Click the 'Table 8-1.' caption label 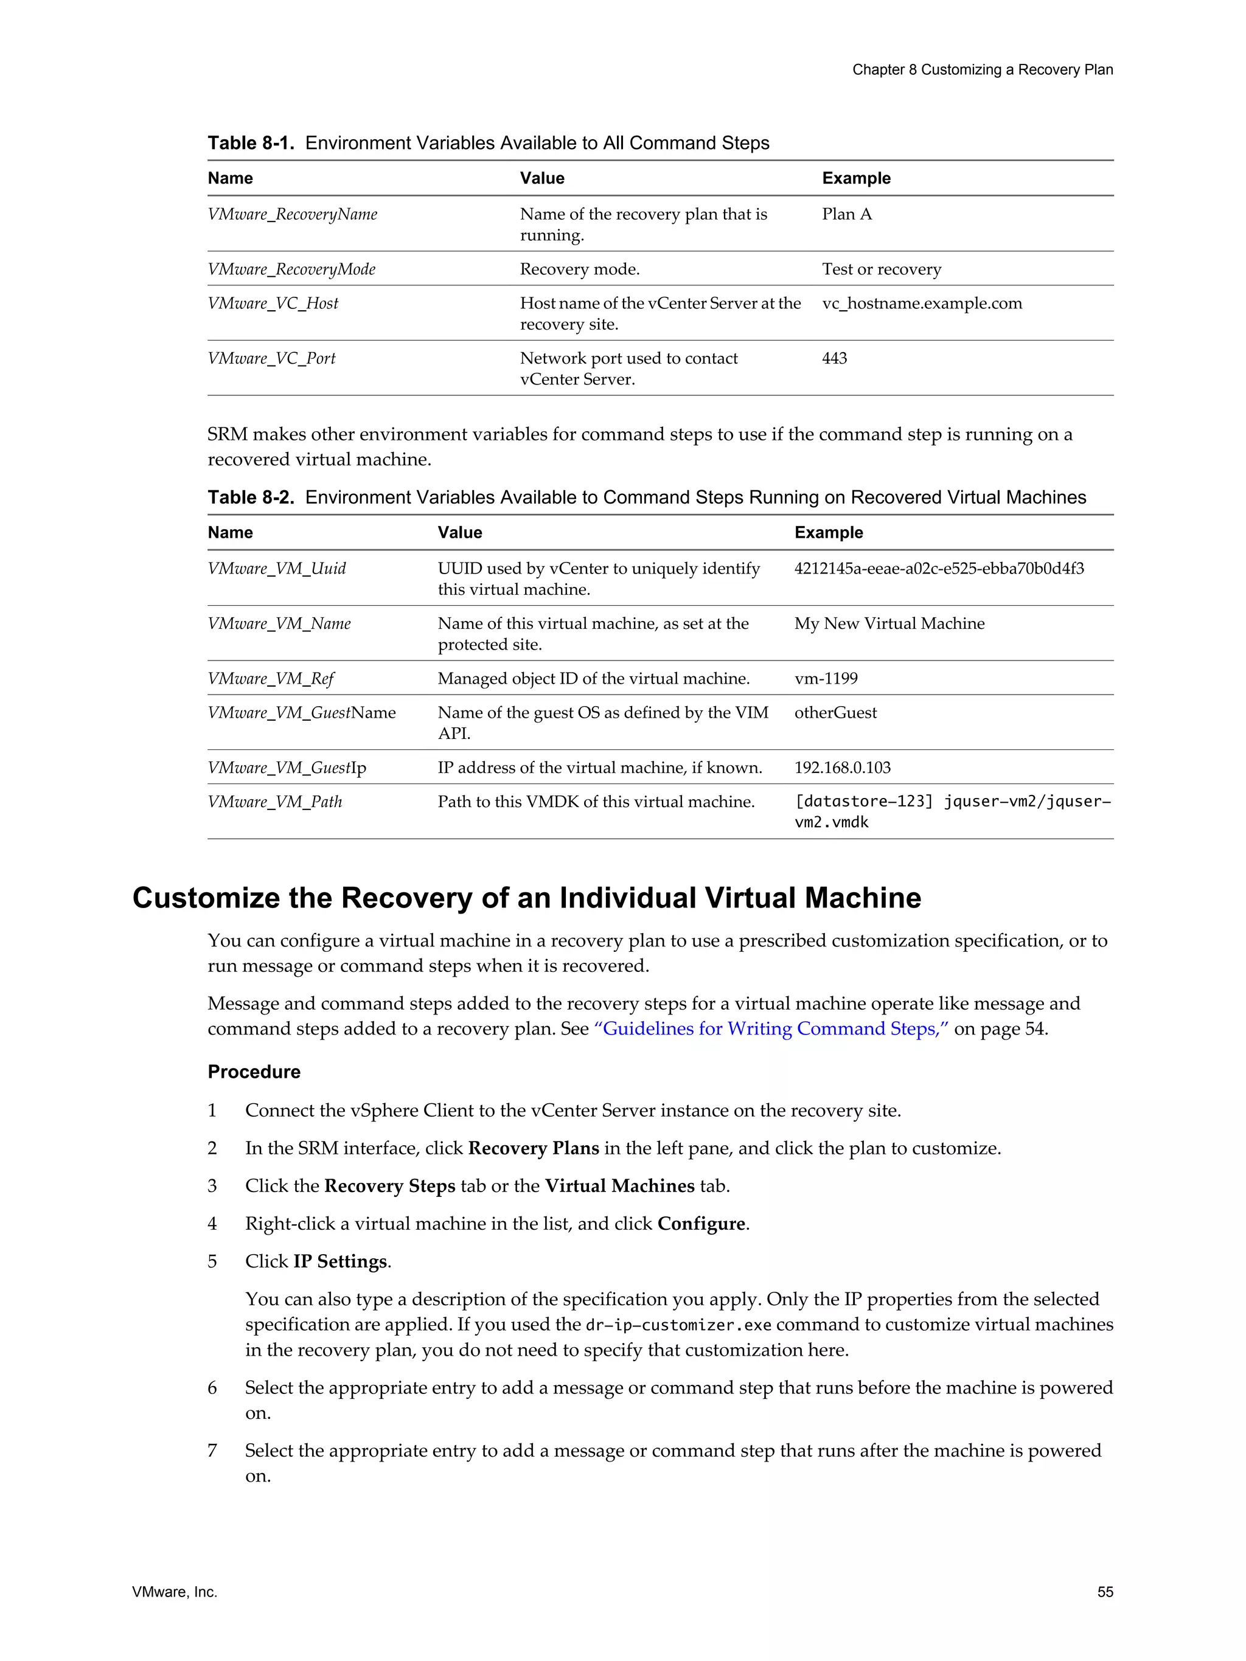[x=251, y=143]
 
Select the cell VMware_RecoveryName [x=292, y=214]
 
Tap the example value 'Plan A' [x=846, y=214]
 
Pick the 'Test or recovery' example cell [x=881, y=269]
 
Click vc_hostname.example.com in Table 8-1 [x=922, y=303]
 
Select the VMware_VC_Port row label [x=271, y=358]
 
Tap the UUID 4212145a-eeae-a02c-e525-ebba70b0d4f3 [x=939, y=569]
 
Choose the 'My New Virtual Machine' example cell [x=889, y=623]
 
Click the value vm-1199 [x=826, y=678]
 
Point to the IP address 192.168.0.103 [x=842, y=768]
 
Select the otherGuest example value [x=835, y=713]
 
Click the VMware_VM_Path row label [x=274, y=802]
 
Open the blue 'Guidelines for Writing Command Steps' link [x=771, y=1028]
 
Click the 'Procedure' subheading [x=254, y=1072]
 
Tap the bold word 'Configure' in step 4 [x=701, y=1223]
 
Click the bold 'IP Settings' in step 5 [x=340, y=1261]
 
